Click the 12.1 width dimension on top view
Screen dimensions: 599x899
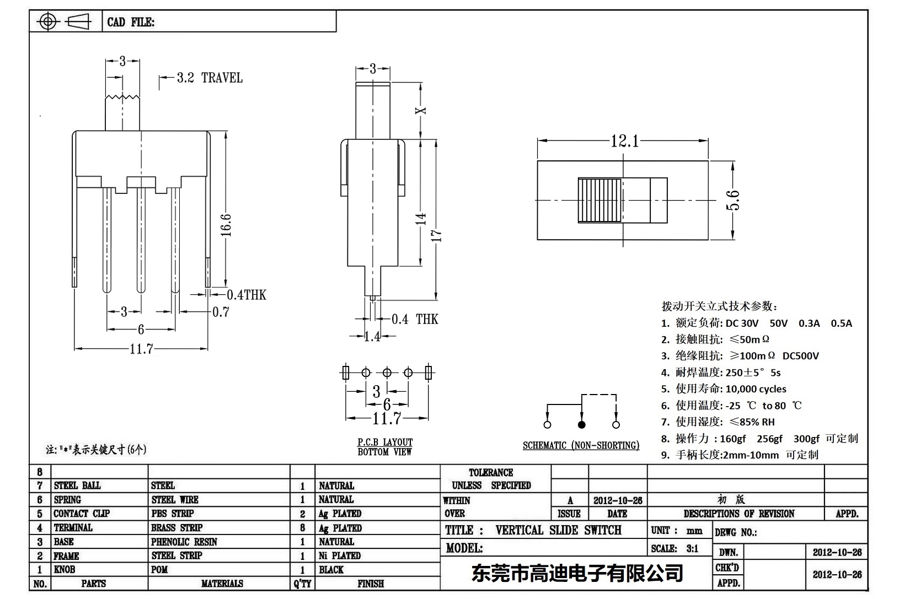624,142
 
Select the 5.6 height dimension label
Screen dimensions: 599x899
733,200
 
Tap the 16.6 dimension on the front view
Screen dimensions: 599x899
226,225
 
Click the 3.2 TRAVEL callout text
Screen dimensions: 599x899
210,78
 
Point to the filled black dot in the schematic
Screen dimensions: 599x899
581,424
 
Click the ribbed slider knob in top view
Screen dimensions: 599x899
600,200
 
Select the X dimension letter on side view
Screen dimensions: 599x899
421,110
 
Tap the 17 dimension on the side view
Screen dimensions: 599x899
436,236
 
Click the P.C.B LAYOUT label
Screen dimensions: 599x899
384,442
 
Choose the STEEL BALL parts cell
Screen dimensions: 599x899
77,485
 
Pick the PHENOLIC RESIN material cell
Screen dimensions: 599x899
184,542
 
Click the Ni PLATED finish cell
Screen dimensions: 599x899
340,555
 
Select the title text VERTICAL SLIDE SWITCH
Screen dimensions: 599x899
558,530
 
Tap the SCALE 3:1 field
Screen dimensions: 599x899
675,548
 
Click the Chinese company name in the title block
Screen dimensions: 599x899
577,573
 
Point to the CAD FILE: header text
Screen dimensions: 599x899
131,22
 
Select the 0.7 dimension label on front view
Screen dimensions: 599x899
221,312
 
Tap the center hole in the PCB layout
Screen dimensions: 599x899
387,373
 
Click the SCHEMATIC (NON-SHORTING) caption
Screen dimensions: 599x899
581,445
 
